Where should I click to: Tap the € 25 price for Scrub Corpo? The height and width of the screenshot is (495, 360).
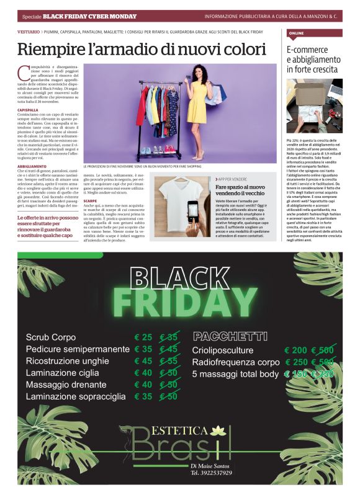click(143, 337)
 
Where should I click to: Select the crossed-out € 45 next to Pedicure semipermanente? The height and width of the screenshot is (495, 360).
click(169, 349)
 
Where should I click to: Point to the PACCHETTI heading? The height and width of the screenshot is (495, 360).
click(230, 336)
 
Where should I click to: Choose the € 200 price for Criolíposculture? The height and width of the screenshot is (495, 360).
click(296, 350)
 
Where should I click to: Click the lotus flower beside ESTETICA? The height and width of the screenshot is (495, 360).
click(217, 430)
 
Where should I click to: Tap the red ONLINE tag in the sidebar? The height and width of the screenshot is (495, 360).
click(296, 32)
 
